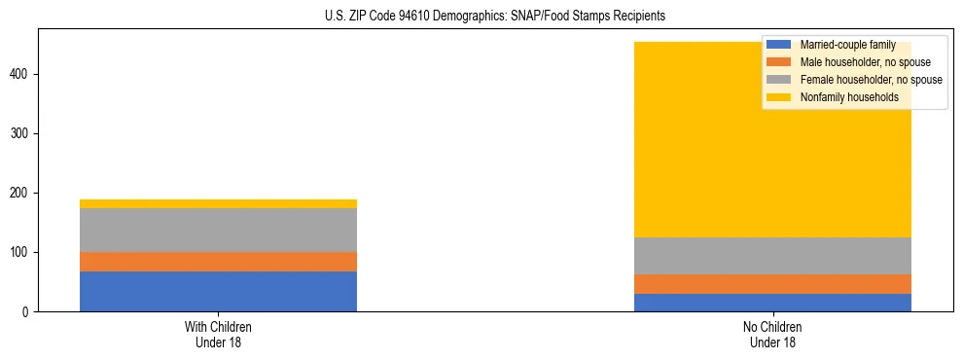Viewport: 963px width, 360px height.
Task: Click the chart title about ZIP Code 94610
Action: click(495, 17)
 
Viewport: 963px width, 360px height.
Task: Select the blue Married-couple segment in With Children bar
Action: click(218, 291)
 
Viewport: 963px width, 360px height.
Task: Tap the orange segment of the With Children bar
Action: click(218, 262)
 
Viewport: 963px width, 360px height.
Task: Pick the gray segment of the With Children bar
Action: click(218, 230)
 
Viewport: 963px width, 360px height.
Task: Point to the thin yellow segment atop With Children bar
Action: click(218, 203)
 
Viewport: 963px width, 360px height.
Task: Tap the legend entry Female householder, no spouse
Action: click(871, 80)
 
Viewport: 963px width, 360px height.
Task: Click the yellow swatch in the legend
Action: click(779, 97)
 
